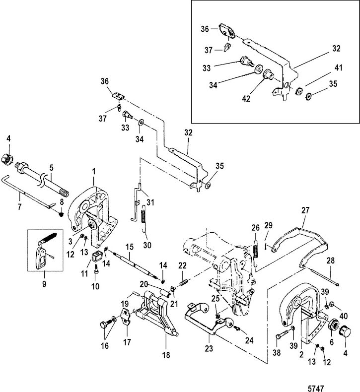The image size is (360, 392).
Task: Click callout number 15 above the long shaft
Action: pos(129,246)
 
